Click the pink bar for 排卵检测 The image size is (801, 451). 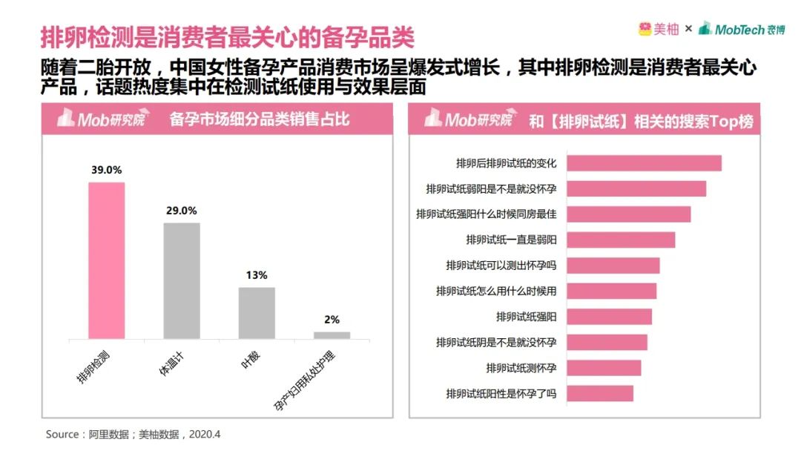click(107, 260)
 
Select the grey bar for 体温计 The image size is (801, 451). click(182, 280)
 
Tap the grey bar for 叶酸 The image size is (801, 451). click(257, 313)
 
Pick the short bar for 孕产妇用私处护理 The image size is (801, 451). click(332, 335)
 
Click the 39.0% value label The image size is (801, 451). click(107, 170)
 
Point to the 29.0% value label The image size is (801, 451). click(182, 211)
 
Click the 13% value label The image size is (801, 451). click(257, 275)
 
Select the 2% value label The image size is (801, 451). click(332, 320)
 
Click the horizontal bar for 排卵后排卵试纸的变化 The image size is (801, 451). click(644, 163)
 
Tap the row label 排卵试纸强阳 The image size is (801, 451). click(526, 317)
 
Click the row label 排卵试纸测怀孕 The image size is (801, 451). click(521, 368)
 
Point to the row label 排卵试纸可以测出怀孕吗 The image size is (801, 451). click(501, 266)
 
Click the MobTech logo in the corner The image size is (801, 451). click(742, 29)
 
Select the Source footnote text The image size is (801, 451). click(133, 434)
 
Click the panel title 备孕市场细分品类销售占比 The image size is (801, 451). click(259, 120)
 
